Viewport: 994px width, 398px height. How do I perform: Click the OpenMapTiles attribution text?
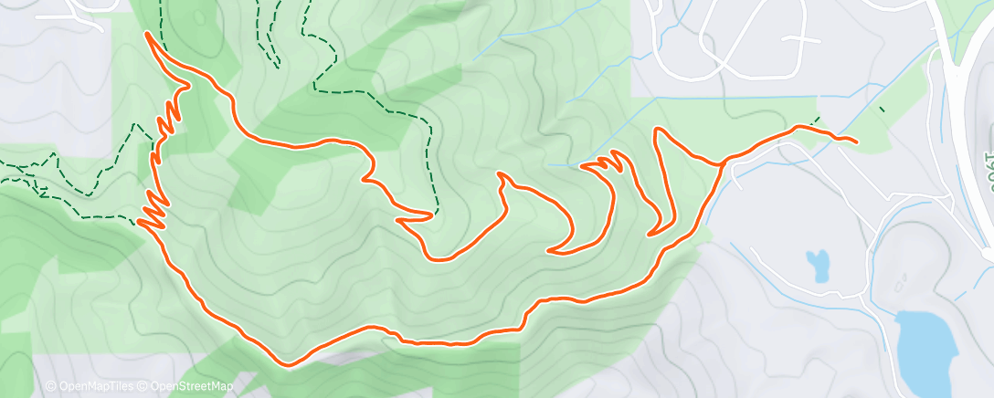91,386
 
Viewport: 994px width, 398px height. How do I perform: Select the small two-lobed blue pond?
818,265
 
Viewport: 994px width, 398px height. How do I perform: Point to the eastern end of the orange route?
854,141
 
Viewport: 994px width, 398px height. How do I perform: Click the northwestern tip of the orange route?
147,34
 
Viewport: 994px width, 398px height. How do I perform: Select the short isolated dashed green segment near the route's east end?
882,110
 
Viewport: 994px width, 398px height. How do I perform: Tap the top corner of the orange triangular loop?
657,131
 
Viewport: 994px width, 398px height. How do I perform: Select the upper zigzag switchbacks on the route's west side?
170,119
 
